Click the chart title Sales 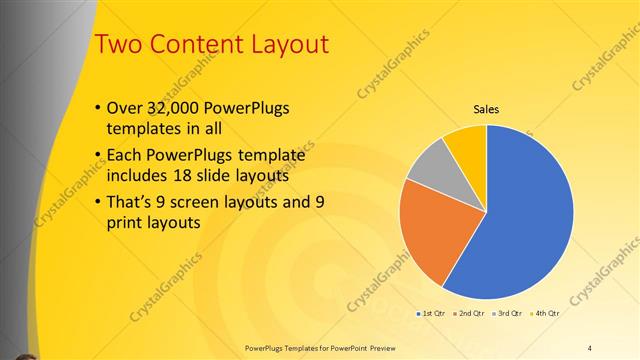pos(486,110)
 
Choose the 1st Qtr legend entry pos(432,313)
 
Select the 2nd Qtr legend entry pos(470,313)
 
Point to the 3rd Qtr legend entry pos(508,313)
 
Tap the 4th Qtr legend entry pos(546,313)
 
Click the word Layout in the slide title pos(282,44)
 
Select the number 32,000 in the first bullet pos(170,108)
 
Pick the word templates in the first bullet pos(142,128)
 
